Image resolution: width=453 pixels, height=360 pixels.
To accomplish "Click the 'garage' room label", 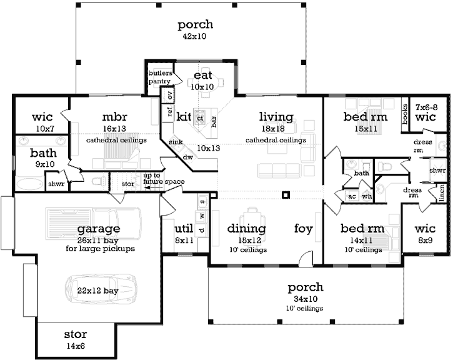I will (99, 229).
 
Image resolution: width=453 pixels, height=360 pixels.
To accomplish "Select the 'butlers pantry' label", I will (159, 77).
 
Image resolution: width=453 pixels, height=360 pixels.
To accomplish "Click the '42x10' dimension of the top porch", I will (195, 36).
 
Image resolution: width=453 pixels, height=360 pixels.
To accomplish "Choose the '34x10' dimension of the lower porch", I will (306, 299).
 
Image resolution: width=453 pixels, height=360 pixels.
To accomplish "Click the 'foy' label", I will (303, 229).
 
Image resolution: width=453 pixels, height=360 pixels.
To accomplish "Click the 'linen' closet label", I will (442, 191).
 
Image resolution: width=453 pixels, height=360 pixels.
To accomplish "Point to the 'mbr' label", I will (116, 117).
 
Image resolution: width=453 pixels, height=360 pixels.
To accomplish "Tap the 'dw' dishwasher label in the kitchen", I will (187, 157).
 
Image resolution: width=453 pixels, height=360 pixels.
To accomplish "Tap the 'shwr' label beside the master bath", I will (54, 184).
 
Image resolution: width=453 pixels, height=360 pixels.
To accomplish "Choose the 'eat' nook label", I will (203, 75).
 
